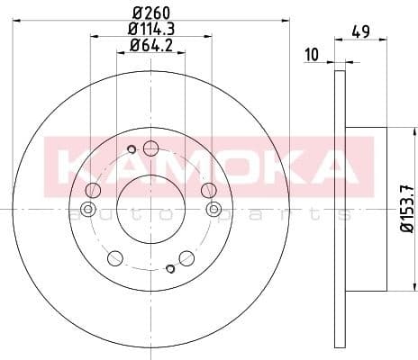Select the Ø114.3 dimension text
point(149,31)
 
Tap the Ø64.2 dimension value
point(149,46)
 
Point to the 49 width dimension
point(359,32)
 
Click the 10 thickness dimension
point(313,56)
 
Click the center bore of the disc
point(150,209)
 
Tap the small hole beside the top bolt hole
point(132,150)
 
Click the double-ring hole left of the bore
point(88,209)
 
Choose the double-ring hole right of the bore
point(214,209)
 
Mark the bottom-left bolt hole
point(114,259)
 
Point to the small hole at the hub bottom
point(168,267)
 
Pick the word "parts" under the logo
point(288,215)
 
